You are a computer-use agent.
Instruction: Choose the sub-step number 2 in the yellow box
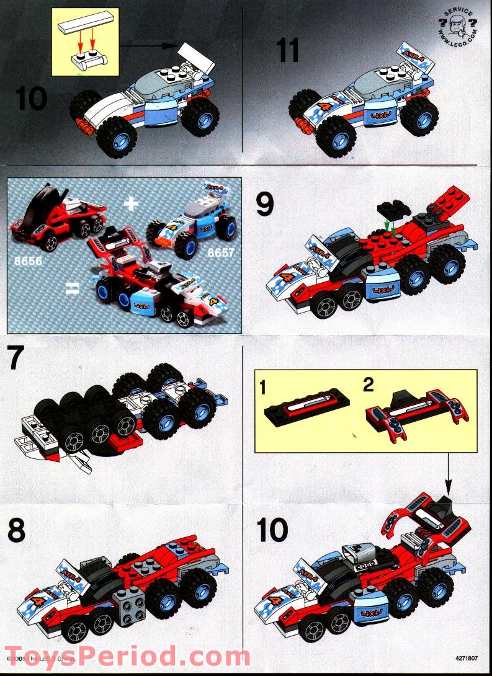pyautogui.click(x=369, y=385)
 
